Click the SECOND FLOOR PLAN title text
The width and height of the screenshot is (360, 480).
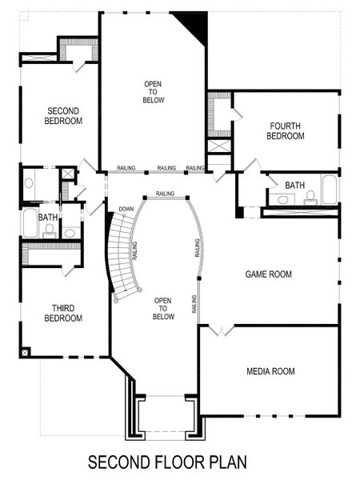tap(167, 462)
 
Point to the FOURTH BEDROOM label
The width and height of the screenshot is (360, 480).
tap(286, 131)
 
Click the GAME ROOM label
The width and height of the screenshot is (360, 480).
tap(268, 274)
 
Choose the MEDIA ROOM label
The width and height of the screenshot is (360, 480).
tap(270, 371)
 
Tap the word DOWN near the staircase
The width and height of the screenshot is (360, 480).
tap(126, 210)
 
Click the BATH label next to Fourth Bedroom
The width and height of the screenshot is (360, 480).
tap(294, 186)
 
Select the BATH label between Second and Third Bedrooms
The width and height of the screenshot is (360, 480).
tap(48, 217)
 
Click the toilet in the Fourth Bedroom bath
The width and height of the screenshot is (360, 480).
tap(310, 196)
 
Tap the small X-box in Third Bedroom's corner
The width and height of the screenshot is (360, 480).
tap(26, 351)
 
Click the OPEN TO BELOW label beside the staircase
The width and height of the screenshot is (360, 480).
tap(163, 307)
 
